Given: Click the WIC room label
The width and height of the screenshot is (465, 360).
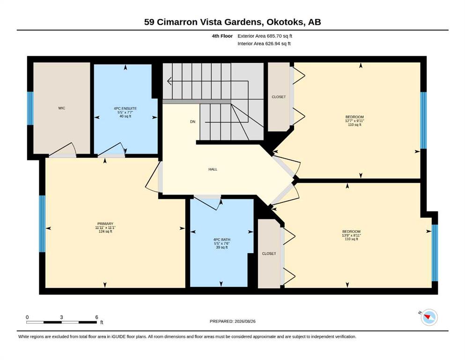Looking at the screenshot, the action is pyautogui.click(x=62, y=108).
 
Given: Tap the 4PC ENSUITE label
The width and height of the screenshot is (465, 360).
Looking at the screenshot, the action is pyautogui.click(x=125, y=108).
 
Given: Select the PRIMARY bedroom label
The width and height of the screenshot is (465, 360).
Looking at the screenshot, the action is pyautogui.click(x=105, y=224).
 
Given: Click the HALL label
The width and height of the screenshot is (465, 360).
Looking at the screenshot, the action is pyautogui.click(x=213, y=169).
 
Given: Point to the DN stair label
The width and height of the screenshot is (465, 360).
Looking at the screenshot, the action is pyautogui.click(x=193, y=122).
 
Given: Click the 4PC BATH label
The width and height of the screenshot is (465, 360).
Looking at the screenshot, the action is pyautogui.click(x=222, y=240).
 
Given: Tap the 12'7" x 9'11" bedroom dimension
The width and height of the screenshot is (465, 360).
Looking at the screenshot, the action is pyautogui.click(x=354, y=121).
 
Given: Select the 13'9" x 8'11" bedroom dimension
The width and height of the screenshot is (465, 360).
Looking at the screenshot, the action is pyautogui.click(x=351, y=235).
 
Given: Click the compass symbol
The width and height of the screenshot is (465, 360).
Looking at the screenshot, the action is pyautogui.click(x=429, y=317).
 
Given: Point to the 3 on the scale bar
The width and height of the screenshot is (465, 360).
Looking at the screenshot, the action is pyautogui.click(x=61, y=317).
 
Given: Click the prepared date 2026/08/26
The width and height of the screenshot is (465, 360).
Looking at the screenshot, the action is pyautogui.click(x=245, y=321).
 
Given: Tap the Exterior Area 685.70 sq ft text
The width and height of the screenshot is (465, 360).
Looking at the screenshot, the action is pyautogui.click(x=265, y=36).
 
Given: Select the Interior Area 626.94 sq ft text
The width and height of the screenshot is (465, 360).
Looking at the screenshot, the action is pyautogui.click(x=264, y=44).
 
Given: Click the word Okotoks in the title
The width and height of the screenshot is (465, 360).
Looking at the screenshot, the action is pyautogui.click(x=285, y=22).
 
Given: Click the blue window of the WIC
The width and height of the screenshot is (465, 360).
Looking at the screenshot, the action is pyautogui.click(x=30, y=108).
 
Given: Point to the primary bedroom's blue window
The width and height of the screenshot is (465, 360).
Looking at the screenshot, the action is pyautogui.click(x=43, y=224).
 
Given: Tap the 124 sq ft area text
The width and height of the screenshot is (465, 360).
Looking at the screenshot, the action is pyautogui.click(x=105, y=232).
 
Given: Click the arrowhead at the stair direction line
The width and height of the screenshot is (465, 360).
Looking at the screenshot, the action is pyautogui.click(x=170, y=81).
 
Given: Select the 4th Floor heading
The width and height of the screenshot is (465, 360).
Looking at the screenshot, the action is pyautogui.click(x=222, y=36).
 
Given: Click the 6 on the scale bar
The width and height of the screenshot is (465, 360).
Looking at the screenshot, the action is pyautogui.click(x=96, y=317).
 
